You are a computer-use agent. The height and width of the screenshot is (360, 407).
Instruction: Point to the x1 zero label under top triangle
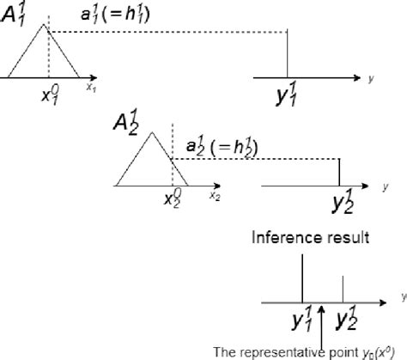tap(49, 94)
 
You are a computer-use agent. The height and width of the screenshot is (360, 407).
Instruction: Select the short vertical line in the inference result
tap(343, 287)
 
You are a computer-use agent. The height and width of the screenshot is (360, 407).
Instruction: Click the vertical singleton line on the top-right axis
tap(286, 55)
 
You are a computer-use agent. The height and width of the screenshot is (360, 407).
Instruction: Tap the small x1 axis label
tap(89, 88)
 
